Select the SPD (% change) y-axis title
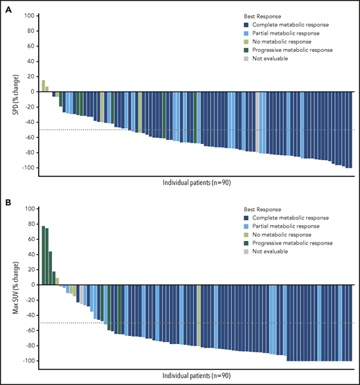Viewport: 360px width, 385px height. point(7,92)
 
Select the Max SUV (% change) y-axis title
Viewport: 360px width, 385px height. point(7,285)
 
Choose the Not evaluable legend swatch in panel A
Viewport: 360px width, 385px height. point(237,59)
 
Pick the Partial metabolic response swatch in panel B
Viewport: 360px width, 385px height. point(237,225)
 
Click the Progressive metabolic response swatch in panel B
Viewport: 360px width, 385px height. point(237,243)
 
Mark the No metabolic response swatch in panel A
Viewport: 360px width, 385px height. point(237,41)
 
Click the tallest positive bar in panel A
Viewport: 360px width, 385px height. point(43,86)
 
